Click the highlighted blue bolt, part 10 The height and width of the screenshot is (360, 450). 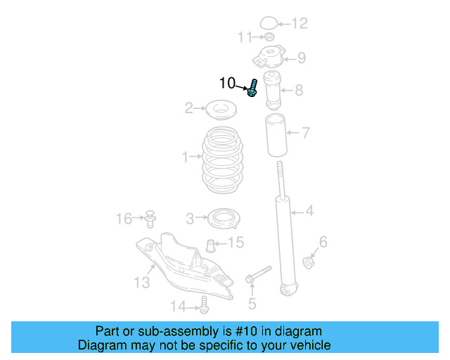coord(253,89)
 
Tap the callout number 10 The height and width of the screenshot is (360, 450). coord(227,84)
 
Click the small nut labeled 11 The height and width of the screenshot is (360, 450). coord(269,37)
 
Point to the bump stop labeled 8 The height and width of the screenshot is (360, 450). coord(272,89)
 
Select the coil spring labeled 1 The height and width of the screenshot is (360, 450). coord(224,162)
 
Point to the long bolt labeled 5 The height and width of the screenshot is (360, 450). coord(259,274)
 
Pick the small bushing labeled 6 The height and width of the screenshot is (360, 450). coord(308,263)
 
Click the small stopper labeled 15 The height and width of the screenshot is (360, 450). coord(210,245)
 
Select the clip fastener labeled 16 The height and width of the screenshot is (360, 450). coord(150,219)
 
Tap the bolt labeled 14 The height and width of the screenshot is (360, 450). coord(204,305)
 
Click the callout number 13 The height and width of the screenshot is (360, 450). coord(142,283)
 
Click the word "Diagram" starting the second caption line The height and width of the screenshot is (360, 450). coord(100,345)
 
